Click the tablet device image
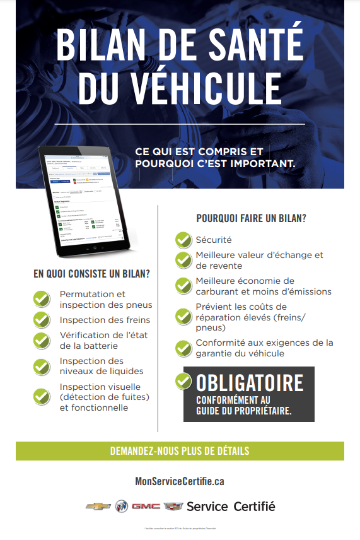point(86,197)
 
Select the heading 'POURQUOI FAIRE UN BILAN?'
point(252,218)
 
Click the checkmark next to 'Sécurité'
point(183,240)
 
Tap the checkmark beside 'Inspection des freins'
point(42,319)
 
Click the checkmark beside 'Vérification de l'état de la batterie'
point(42,340)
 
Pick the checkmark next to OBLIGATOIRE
point(183,380)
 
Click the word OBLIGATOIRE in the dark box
point(250,382)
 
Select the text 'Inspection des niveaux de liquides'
point(102,366)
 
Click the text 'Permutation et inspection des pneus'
point(106,299)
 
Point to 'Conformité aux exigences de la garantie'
point(264,348)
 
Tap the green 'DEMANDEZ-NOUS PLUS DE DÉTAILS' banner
point(180,451)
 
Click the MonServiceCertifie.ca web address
point(180,481)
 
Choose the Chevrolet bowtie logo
point(98,507)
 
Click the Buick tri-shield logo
point(121,507)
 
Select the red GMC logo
point(146,507)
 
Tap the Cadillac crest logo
point(173,507)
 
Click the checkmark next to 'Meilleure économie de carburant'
point(183,285)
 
